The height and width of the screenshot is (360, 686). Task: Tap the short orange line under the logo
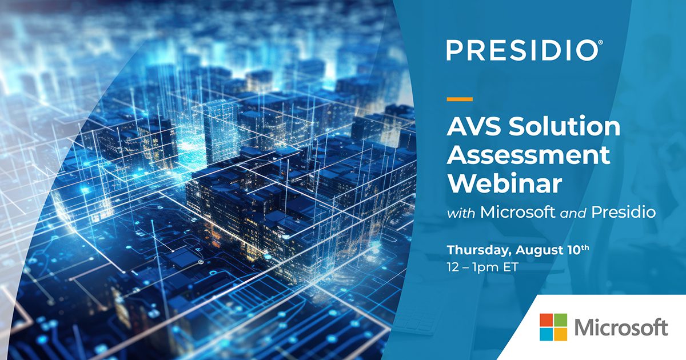460,99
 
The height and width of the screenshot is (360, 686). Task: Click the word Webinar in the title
505,183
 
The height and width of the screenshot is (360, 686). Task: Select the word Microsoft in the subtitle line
517,213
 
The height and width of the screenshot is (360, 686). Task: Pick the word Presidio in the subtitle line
623,213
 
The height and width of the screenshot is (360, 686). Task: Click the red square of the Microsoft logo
546,319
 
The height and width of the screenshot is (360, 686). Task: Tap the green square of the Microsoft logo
560,319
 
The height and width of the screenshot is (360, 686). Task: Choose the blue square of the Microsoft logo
546,334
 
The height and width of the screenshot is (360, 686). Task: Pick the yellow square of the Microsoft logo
560,334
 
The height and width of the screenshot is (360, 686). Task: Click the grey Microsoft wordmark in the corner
621,327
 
